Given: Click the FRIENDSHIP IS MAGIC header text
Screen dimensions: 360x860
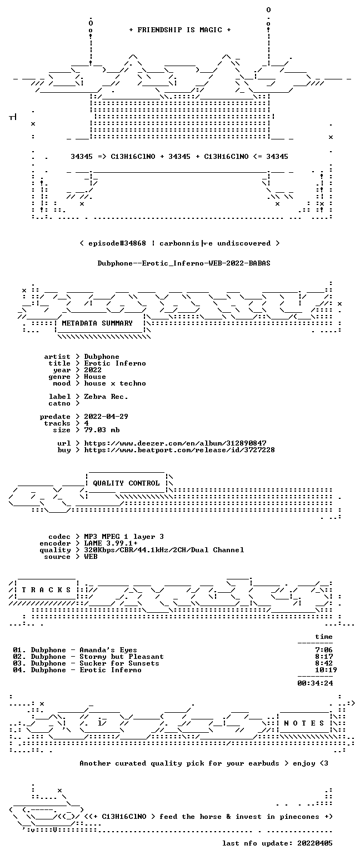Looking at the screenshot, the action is [180, 30].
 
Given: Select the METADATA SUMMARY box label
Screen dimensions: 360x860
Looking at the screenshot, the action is [97, 323].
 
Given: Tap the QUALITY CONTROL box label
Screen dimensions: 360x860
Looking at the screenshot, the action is [126, 483].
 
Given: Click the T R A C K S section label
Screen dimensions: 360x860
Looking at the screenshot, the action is [47, 589].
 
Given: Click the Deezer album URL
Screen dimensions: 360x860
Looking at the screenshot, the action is [175, 443].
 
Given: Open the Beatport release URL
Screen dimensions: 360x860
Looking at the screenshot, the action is [179, 450].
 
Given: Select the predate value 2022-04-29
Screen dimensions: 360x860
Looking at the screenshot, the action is [106, 417].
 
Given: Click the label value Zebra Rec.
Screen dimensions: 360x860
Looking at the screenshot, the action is [106, 397].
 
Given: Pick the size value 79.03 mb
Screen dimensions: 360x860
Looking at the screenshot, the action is [102, 430].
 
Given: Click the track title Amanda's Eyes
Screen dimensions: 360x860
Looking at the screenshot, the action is [108, 650].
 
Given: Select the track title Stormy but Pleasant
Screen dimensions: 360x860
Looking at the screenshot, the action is [121, 657].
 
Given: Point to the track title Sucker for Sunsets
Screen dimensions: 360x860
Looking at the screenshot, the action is [119, 663].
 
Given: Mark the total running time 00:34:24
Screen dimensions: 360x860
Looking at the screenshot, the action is [315, 683].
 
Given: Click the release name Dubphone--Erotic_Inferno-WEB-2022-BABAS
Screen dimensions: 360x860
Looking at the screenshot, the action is [184, 263].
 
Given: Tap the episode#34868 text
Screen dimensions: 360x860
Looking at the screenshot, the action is [117, 243].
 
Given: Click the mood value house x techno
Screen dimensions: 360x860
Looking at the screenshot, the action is [115, 383].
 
